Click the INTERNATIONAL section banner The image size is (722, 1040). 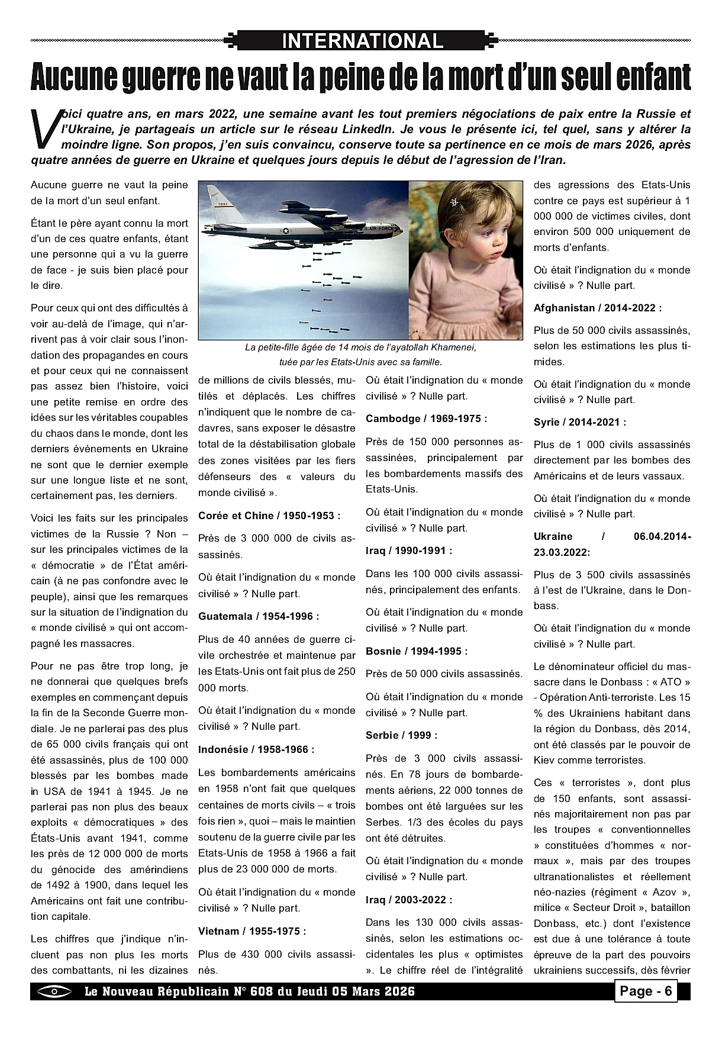362,41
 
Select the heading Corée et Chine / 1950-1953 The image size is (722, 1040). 269,516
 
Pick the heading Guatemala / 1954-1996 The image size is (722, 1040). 259,616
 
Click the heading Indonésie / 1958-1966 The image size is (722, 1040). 256,749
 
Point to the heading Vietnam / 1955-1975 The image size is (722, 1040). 252,931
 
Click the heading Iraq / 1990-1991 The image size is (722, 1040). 409,550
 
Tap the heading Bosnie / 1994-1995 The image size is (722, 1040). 417,651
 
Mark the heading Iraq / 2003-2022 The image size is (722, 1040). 409,900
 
